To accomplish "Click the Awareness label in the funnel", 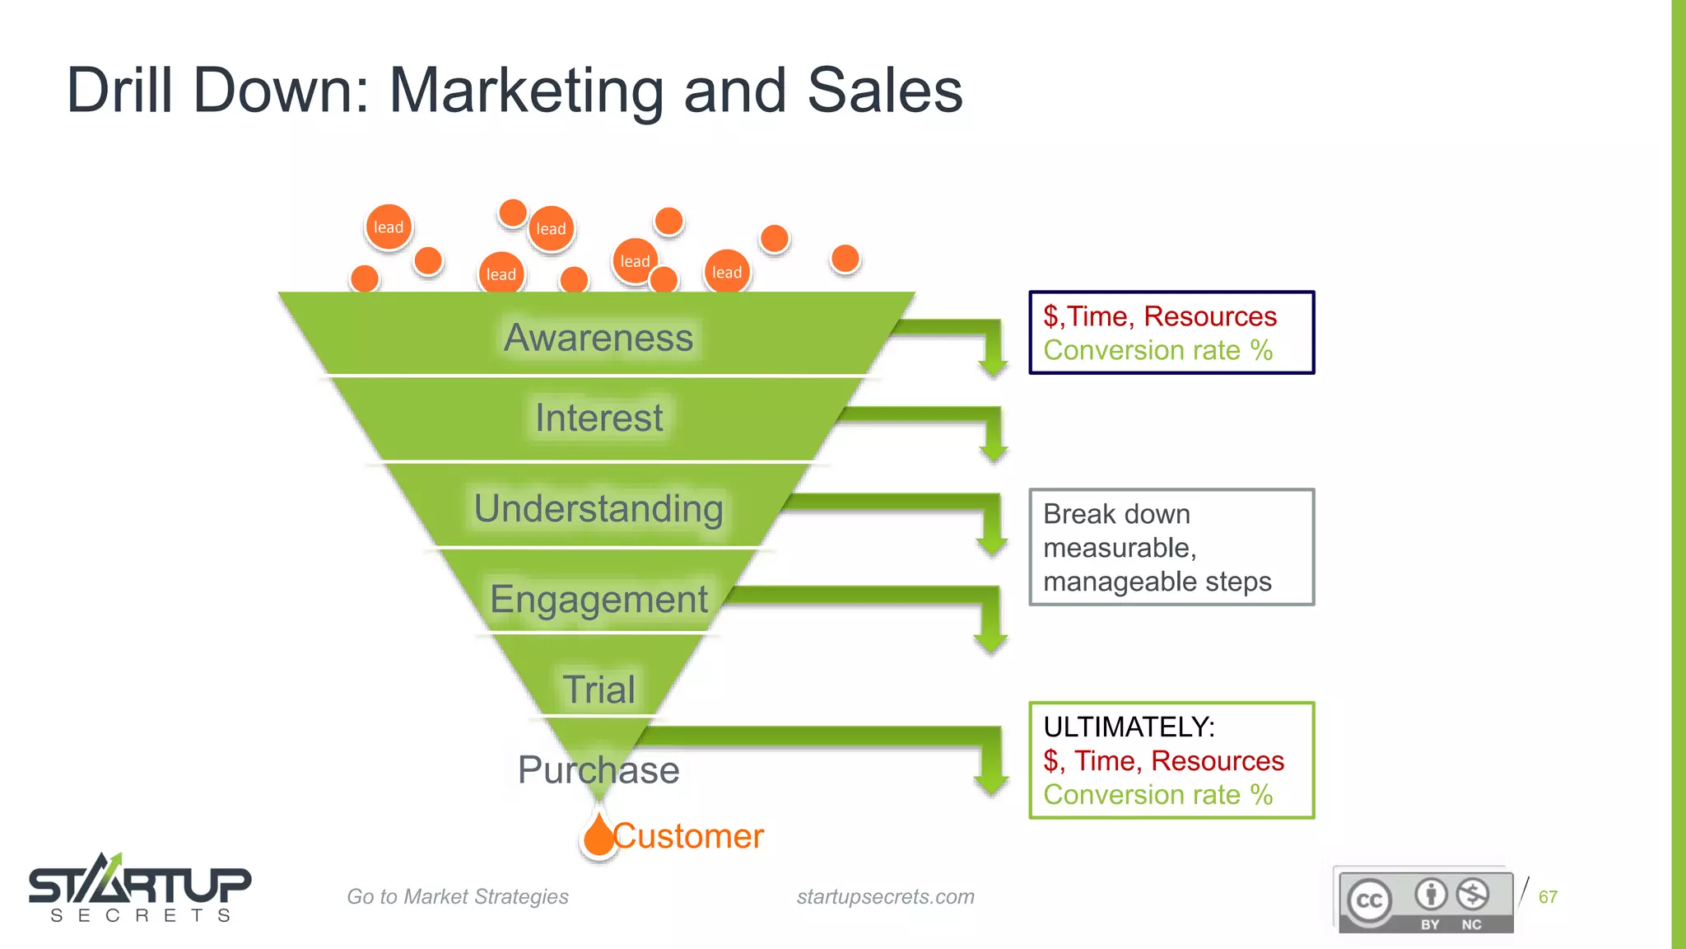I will pos(598,338).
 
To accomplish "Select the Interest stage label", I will pos(598,418).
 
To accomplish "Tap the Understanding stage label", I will pos(598,508).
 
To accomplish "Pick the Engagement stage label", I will pos(598,599).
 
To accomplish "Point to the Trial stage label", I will pos(598,690).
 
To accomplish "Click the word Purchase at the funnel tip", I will pos(598,770).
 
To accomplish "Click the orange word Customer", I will pos(689,836).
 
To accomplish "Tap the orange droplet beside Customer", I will pos(598,835).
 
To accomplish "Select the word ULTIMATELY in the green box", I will pos(1129,727).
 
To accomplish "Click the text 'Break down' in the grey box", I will pos(1116,514).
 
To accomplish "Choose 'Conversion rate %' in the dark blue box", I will pos(1157,351).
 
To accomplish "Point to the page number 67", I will pos(1548,897).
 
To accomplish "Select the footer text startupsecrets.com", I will pos(885,897).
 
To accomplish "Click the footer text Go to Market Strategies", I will pos(458,897).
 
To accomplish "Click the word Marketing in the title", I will pos(526,90).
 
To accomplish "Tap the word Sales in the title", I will pos(885,90).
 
